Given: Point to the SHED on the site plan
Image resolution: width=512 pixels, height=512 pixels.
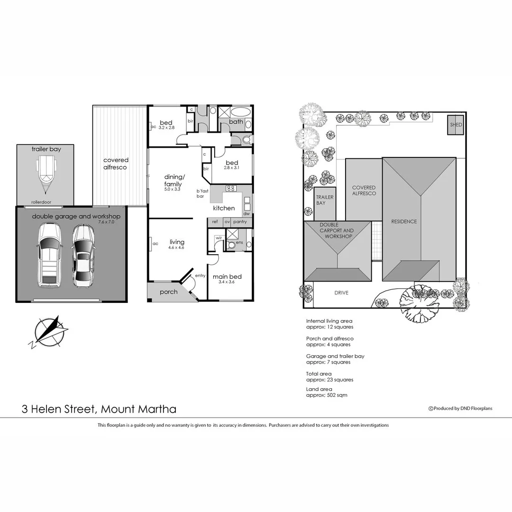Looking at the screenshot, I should click(456, 125).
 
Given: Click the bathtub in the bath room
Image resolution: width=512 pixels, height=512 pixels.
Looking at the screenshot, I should click(241, 113).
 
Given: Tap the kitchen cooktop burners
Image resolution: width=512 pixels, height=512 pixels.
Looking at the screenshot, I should click(231, 188).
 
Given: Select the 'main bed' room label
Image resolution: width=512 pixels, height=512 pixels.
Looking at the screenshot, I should click(227, 276).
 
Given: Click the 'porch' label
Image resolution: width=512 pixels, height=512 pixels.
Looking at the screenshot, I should click(168, 292).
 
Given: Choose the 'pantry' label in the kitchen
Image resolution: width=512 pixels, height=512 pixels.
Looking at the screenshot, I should click(240, 221).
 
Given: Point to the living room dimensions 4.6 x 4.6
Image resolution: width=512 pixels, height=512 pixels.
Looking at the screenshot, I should click(175, 247).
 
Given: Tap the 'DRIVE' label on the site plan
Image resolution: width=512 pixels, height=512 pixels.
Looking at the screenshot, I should click(341, 293).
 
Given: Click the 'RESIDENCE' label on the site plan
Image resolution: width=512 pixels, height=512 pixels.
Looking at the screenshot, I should click(404, 221).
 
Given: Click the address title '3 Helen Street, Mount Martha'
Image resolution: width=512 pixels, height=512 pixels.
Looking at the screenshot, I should click(99, 409).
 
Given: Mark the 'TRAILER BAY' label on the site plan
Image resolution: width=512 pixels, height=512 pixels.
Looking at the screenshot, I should click(325, 200).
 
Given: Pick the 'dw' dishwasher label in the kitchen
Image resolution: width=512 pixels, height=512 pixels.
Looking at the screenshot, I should click(247, 214).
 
